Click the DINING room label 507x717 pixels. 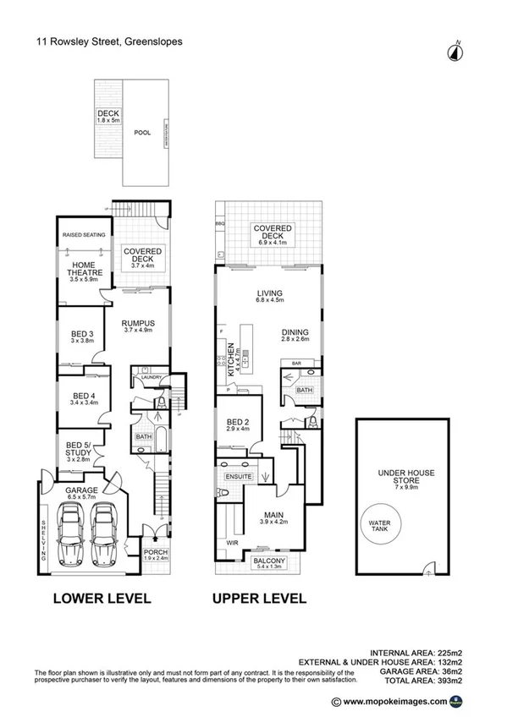pyautogui.click(x=295, y=333)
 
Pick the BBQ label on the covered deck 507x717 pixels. pyautogui.click(x=220, y=223)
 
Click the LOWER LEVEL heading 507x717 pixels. pyautogui.click(x=102, y=599)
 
